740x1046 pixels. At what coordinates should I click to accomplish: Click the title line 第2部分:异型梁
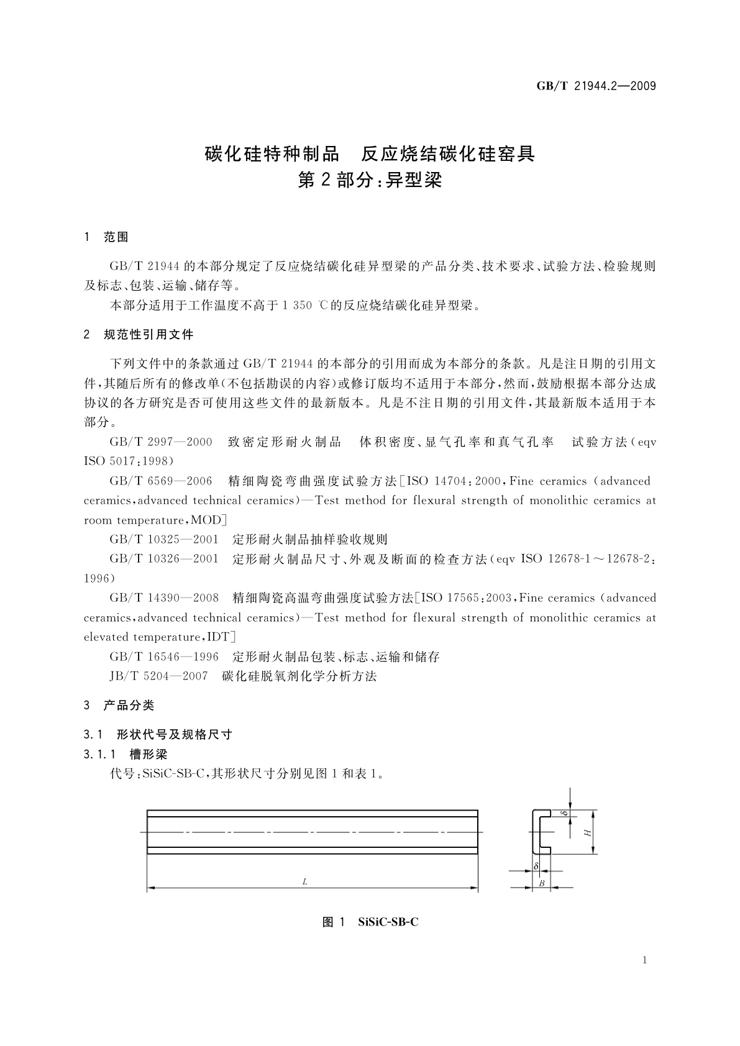(x=370, y=180)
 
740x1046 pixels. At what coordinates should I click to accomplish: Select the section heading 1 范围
(x=106, y=237)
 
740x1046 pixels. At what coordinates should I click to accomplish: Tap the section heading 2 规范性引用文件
(x=139, y=335)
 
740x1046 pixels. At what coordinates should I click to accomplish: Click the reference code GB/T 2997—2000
(x=161, y=442)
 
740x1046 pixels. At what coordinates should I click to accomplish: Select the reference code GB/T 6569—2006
(x=161, y=481)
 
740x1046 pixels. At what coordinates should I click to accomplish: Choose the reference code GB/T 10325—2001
(x=164, y=540)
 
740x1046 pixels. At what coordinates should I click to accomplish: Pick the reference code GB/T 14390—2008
(x=164, y=598)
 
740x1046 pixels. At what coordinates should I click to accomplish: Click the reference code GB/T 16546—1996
(x=164, y=657)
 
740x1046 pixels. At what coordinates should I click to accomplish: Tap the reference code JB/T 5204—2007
(x=158, y=676)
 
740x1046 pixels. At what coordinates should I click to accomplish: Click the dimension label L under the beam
(x=305, y=881)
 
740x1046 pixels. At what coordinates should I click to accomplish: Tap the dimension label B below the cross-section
(x=542, y=883)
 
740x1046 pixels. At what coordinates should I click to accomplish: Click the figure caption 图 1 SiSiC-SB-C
(x=370, y=922)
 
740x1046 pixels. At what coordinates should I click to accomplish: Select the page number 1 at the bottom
(x=645, y=960)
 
